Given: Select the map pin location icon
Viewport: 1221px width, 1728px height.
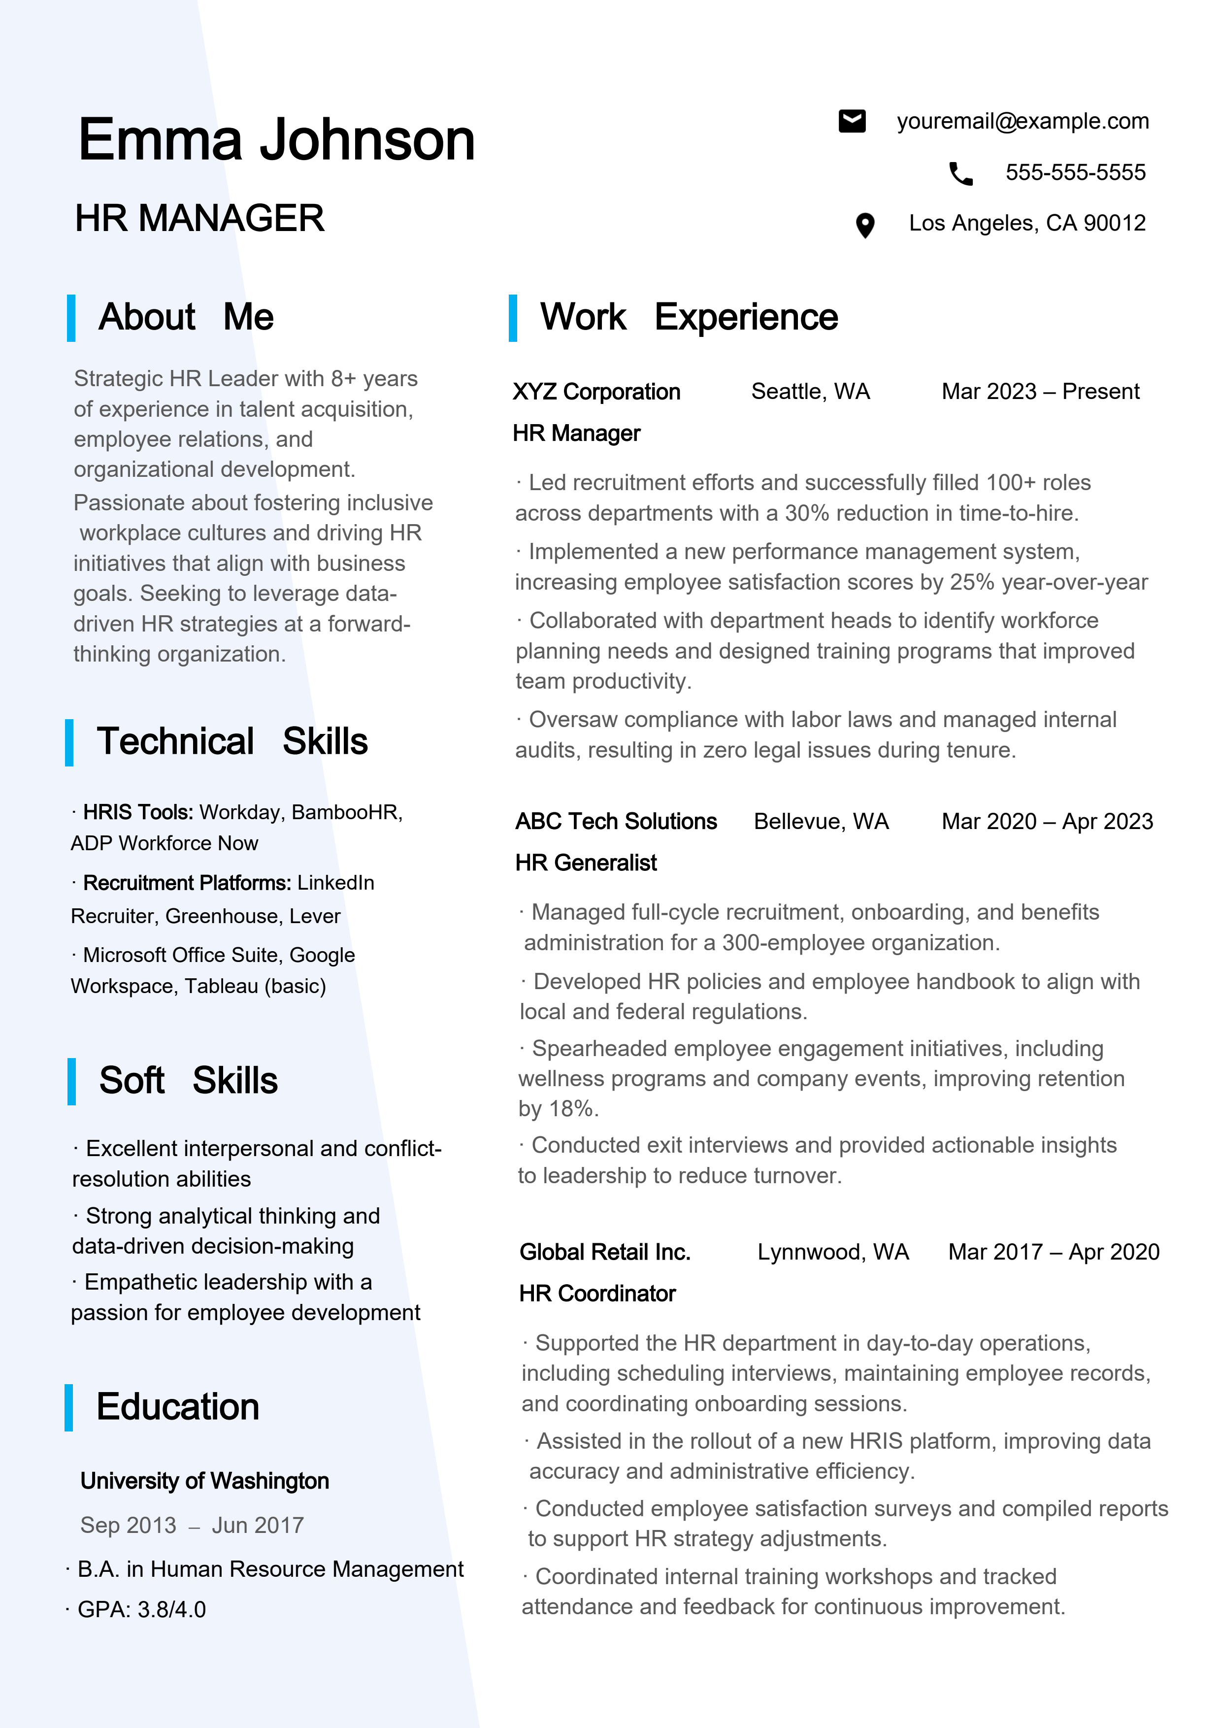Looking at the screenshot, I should point(865,225).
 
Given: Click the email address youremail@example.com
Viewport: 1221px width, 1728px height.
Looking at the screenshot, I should point(1023,121).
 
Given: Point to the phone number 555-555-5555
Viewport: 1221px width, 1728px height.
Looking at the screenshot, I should point(1075,172).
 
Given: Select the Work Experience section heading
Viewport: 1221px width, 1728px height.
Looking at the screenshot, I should point(689,317).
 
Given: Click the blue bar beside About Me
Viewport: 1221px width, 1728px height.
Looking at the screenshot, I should point(71,318).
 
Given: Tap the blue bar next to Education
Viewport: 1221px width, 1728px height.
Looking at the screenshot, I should point(69,1407).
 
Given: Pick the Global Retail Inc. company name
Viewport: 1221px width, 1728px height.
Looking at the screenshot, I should point(604,1252).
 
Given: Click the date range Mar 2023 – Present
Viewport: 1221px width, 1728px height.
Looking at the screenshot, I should point(1040,391).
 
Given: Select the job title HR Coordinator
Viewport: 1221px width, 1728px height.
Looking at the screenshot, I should point(597,1293).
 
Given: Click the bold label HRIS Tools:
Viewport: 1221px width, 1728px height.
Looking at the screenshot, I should point(138,812).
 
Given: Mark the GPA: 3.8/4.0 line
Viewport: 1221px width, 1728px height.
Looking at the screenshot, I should point(141,1609).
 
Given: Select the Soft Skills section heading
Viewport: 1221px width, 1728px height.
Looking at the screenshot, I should point(188,1081).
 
